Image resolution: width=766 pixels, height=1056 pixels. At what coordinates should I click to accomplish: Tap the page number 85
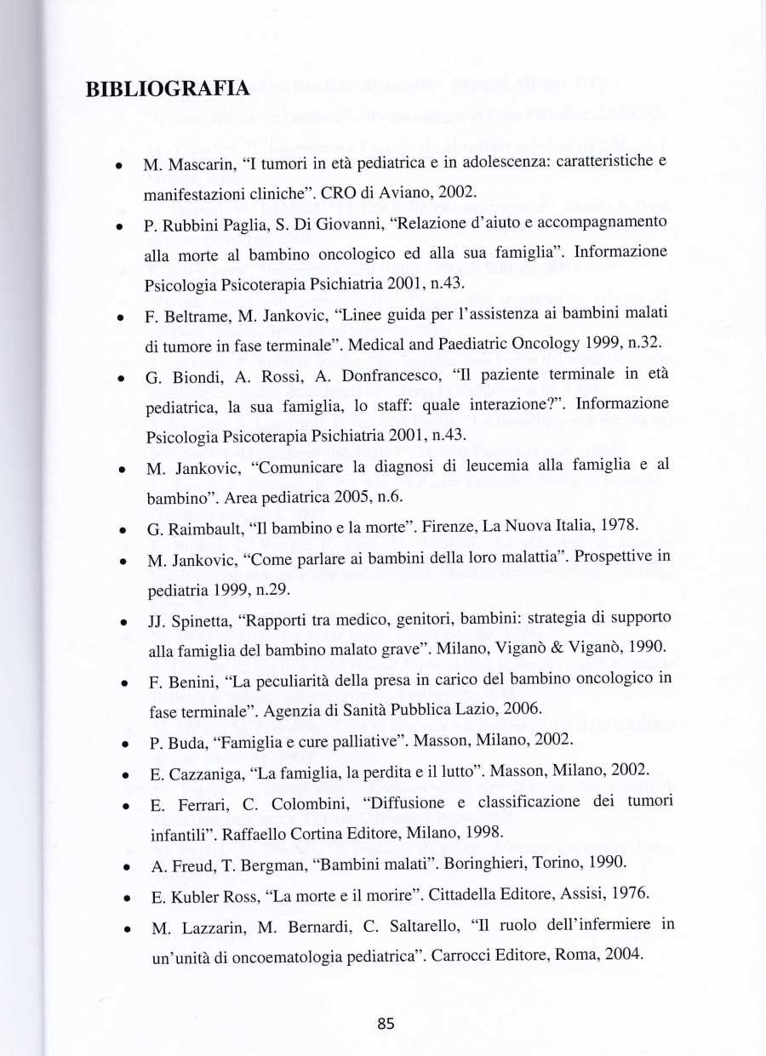(386, 1024)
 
